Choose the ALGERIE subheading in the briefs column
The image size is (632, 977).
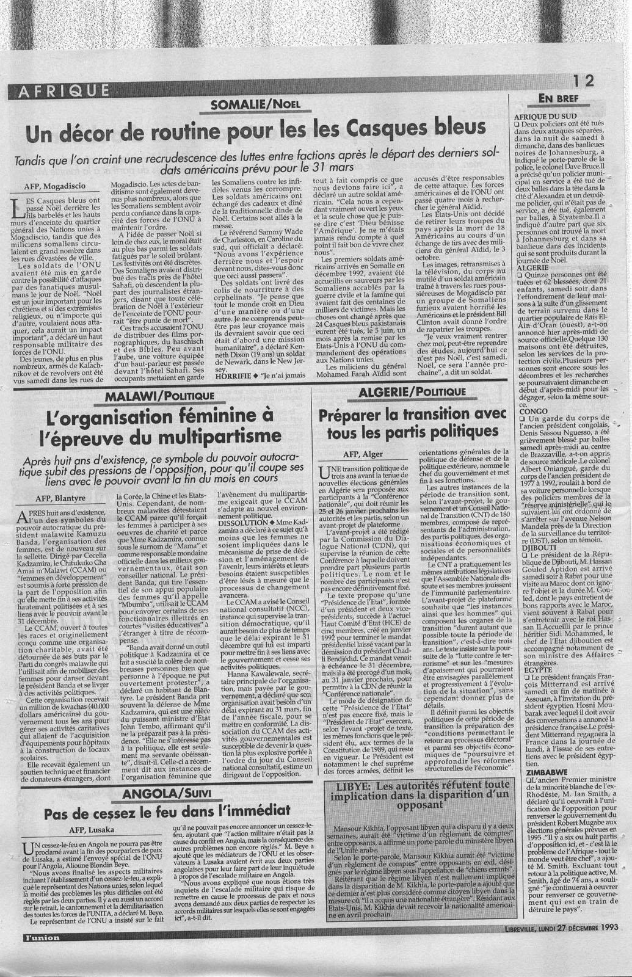tap(533, 267)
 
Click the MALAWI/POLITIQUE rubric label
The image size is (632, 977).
tap(160, 397)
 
